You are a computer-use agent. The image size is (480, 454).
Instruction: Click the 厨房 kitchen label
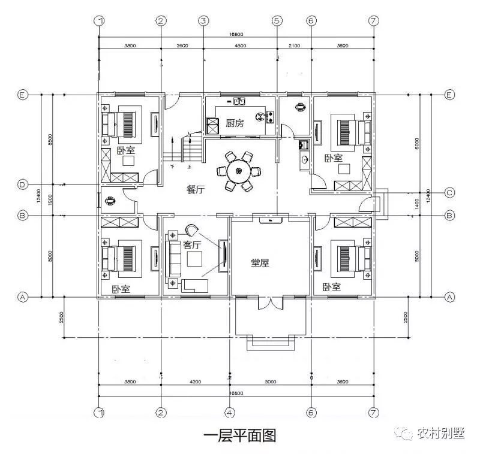pyautogui.click(x=235, y=123)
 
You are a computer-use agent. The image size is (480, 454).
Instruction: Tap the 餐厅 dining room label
pyautogui.click(x=196, y=190)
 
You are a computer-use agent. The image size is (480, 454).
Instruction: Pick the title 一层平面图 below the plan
pyautogui.click(x=239, y=435)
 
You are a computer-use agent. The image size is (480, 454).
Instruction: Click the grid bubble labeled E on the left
pyautogui.click(x=23, y=95)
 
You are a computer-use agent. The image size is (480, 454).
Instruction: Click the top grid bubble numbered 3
pyautogui.click(x=204, y=21)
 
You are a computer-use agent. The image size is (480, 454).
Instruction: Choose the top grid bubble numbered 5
pyautogui.click(x=277, y=21)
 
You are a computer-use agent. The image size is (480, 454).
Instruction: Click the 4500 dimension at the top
pyautogui.click(x=240, y=46)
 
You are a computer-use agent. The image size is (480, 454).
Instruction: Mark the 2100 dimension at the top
pyautogui.click(x=294, y=46)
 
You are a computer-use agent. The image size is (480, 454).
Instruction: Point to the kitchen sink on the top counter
pyautogui.click(x=238, y=102)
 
